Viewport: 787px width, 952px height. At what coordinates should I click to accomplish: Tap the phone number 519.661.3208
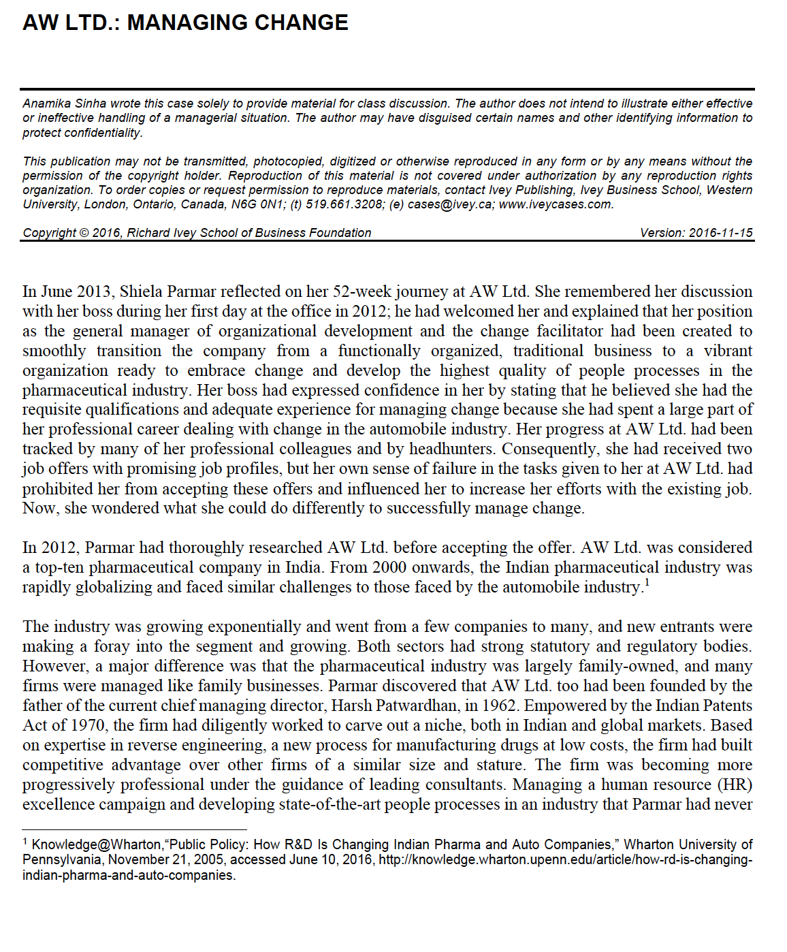pyautogui.click(x=344, y=204)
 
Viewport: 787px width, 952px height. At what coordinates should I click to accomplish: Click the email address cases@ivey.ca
pyautogui.click(x=449, y=204)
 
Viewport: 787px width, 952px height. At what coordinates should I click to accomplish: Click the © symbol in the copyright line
pyautogui.click(x=84, y=233)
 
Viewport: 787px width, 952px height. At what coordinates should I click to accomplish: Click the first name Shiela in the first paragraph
pyautogui.click(x=141, y=291)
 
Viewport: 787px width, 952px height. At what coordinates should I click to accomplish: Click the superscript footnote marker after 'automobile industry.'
pyautogui.click(x=647, y=583)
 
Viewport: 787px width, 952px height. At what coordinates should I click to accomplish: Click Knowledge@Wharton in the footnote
pyautogui.click(x=96, y=845)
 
